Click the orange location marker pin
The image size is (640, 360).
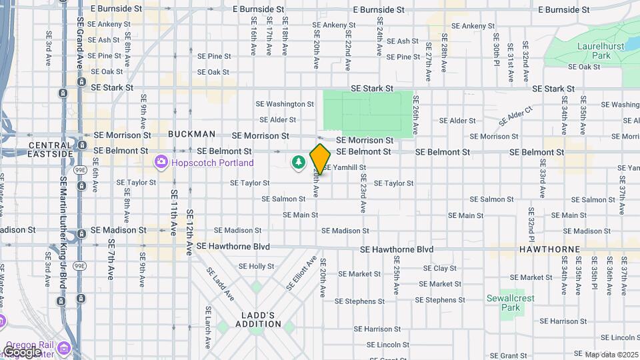tap(320, 159)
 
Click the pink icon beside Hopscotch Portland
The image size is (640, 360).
tap(161, 162)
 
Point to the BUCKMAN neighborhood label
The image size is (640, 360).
tap(191, 134)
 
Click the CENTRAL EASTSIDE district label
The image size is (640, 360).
tap(50, 149)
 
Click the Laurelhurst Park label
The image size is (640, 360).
tap(591, 51)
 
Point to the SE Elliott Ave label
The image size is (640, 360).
tap(301, 273)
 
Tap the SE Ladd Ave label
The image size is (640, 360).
tap(220, 283)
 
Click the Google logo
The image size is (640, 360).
tap(23, 351)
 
